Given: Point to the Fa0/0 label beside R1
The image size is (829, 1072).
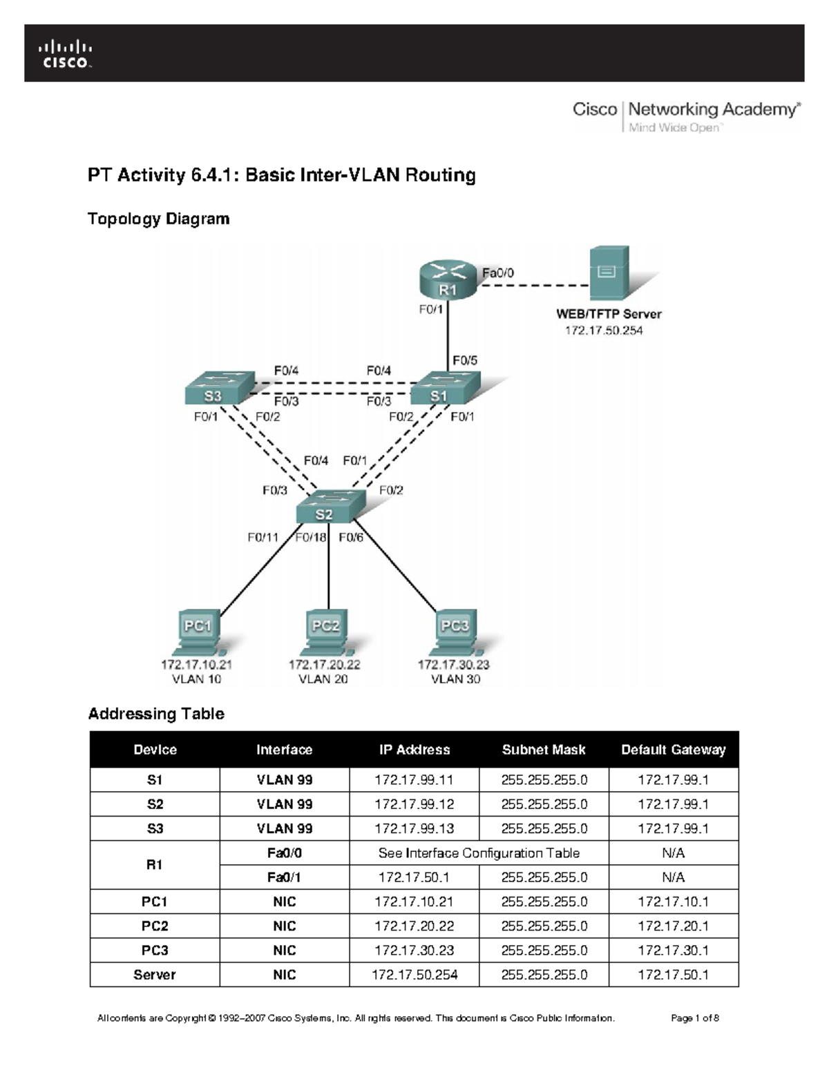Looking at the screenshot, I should (498, 273).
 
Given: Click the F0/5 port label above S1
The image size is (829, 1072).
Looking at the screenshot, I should (465, 360).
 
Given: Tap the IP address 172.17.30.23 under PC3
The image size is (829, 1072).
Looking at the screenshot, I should (454, 664).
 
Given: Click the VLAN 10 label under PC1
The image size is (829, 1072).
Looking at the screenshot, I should (196, 679).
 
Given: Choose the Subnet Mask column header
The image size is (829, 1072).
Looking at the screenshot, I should (544, 750).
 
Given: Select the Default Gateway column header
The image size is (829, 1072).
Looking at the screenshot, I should (673, 750).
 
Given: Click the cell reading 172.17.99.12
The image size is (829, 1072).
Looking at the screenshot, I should (414, 804).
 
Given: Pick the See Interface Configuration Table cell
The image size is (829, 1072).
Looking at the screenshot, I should (479, 853).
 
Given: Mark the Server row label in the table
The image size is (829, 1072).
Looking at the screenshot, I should (154, 975).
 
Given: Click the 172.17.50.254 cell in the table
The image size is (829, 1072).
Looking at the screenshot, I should (414, 975).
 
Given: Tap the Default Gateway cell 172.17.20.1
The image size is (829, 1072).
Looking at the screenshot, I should (673, 926).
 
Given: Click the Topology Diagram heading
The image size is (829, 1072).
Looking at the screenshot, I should (158, 219).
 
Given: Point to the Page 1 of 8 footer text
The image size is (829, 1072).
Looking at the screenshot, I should (695, 1017).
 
